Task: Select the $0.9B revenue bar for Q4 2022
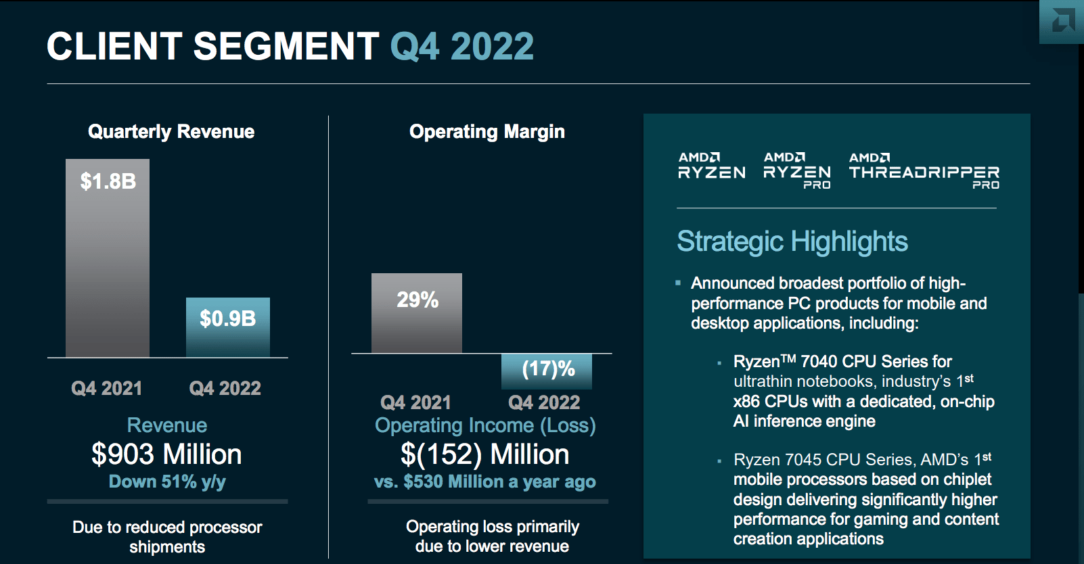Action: click(228, 327)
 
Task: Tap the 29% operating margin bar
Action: click(417, 313)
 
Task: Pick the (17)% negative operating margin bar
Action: click(547, 371)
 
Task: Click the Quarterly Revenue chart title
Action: click(171, 131)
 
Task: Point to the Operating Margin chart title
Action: click(487, 131)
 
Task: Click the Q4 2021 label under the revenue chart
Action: click(107, 388)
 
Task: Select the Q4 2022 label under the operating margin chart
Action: click(544, 402)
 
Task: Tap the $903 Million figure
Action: click(166, 454)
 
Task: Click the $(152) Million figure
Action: click(484, 454)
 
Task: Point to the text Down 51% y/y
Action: click(167, 481)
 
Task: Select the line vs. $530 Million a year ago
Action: click(484, 481)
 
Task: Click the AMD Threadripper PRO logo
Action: click(924, 170)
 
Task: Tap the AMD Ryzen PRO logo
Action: click(796, 170)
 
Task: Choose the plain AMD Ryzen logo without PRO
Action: click(711, 166)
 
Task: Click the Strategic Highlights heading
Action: click(792, 241)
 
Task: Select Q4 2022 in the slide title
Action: click(462, 47)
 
